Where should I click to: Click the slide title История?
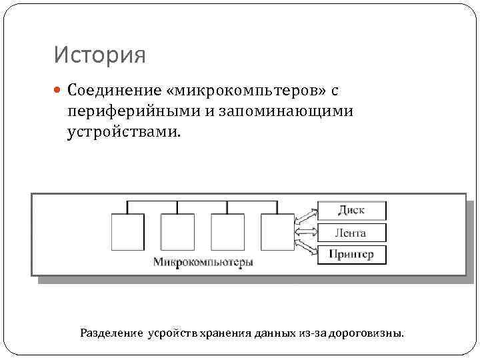point(100,55)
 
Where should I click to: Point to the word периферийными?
point(134,110)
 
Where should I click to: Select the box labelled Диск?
point(351,211)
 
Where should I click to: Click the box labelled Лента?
point(351,232)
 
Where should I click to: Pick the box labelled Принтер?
point(351,254)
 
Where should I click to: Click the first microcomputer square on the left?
point(127,231)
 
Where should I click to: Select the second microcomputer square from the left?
point(177,231)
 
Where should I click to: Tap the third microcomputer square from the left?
point(227,231)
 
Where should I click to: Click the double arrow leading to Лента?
point(306,232)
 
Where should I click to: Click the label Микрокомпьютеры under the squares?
point(203,262)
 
